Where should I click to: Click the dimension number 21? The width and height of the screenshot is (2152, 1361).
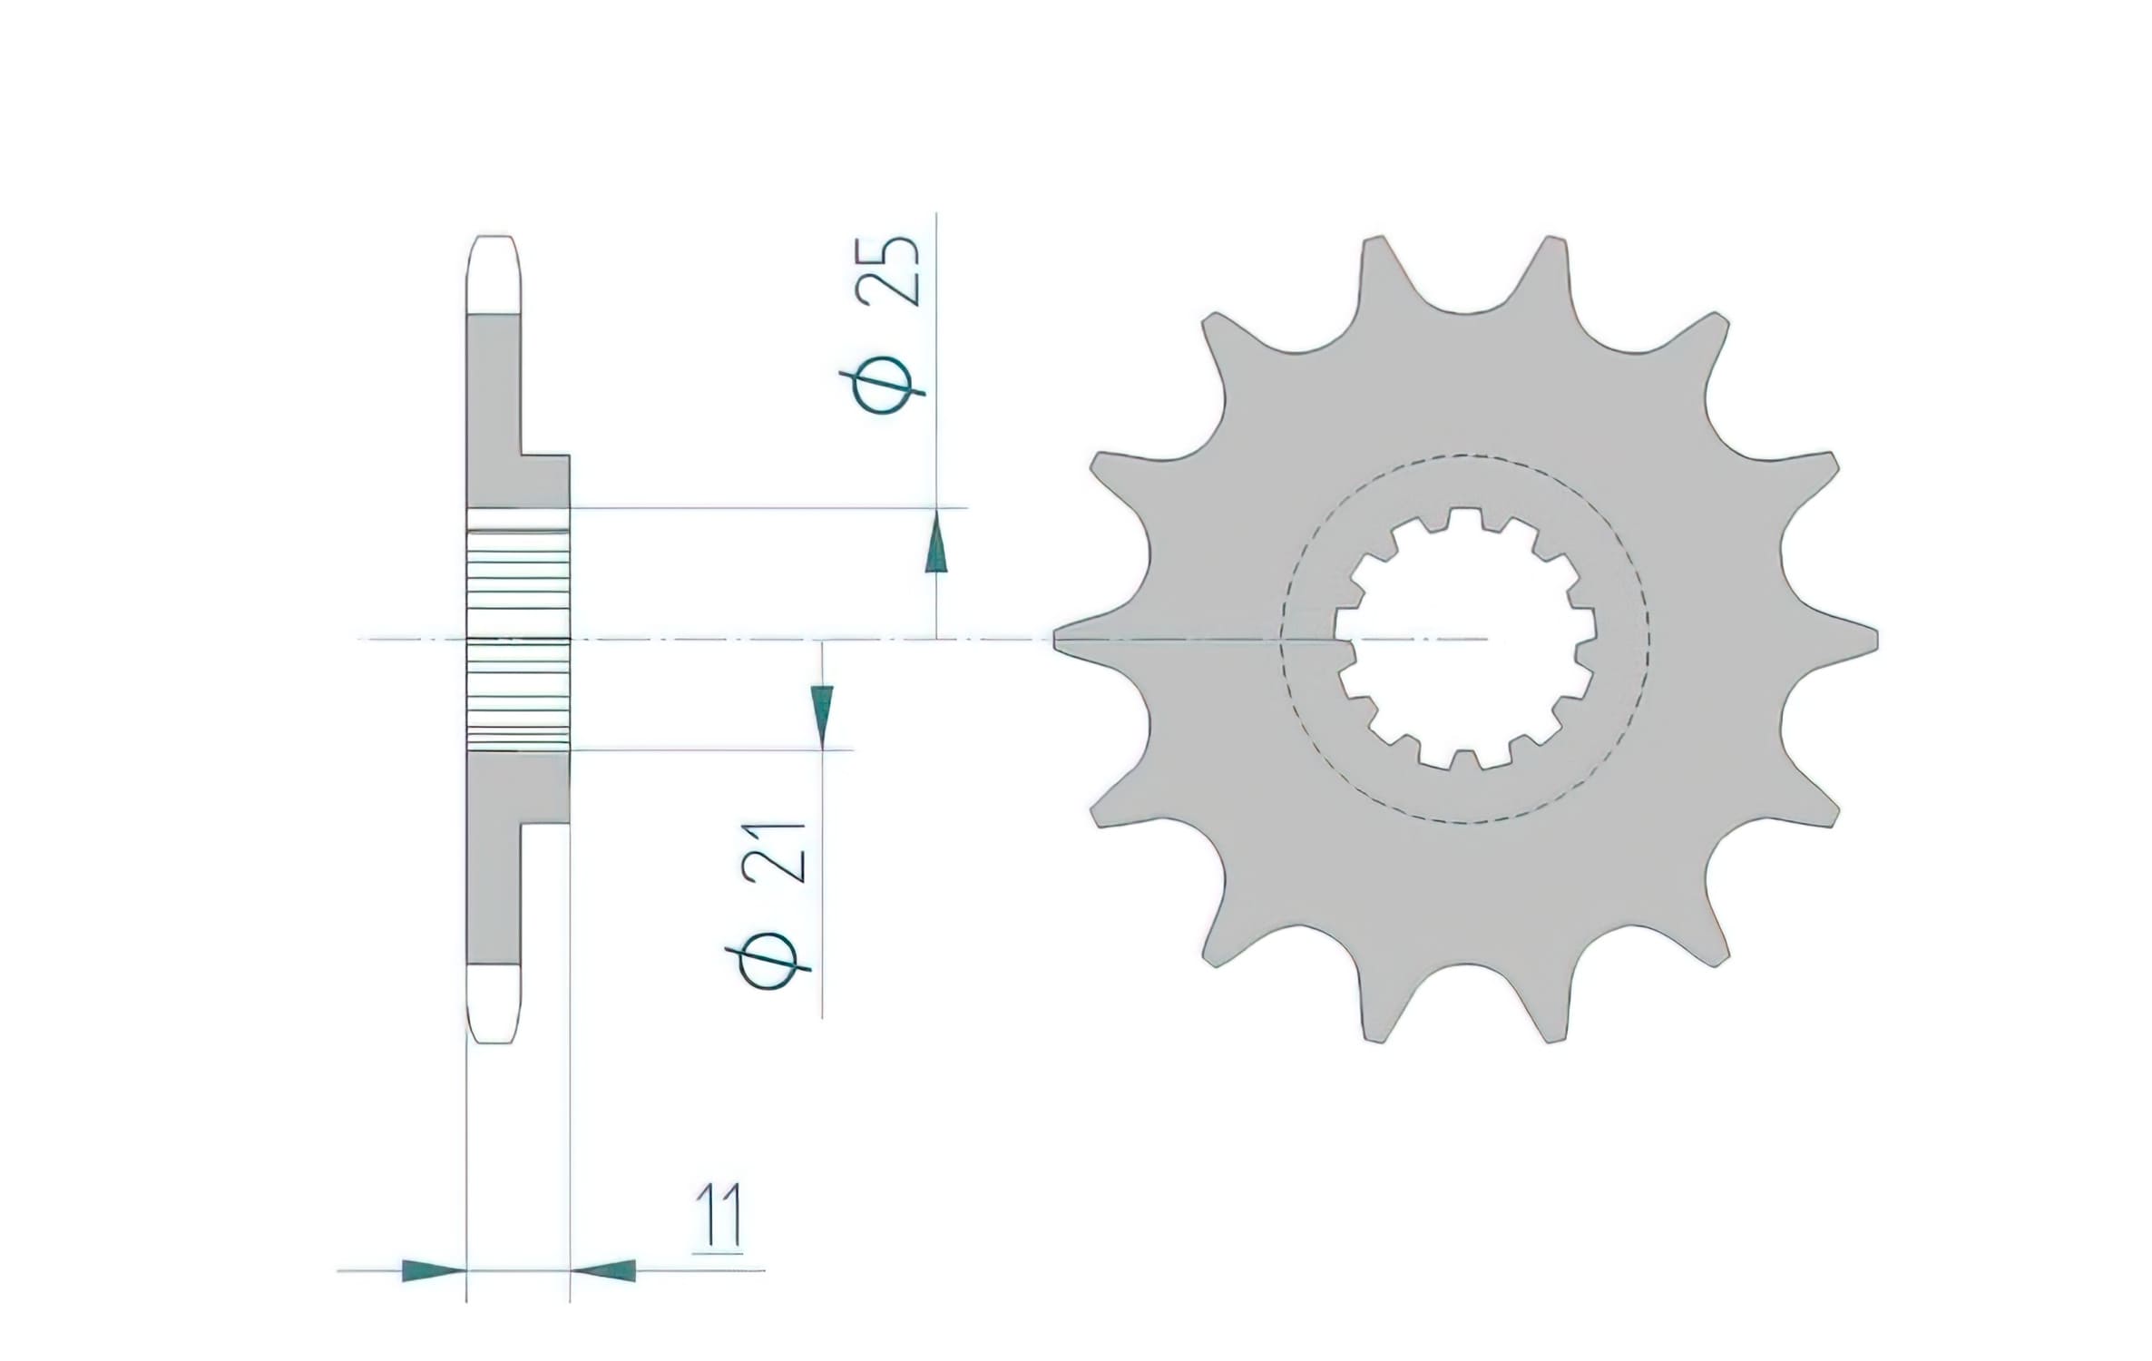coord(774,853)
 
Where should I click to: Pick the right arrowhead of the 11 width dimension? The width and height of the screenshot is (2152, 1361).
coord(604,1270)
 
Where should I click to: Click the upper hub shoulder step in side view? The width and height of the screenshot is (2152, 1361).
coord(544,456)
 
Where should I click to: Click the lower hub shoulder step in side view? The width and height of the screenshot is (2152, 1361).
coord(544,824)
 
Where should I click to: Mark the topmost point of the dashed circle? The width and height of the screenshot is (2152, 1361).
coord(1465,455)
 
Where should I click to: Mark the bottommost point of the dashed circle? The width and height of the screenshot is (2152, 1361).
coord(1465,823)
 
